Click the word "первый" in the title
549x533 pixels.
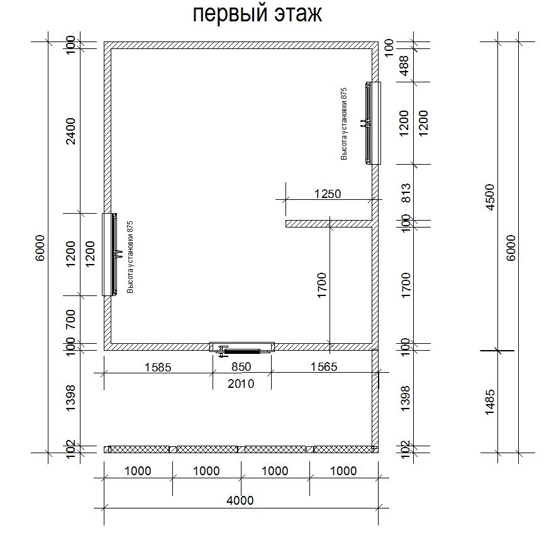pos(230,14)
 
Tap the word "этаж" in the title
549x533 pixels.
pos(298,14)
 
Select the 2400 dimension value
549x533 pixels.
pos(70,131)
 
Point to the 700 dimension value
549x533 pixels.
pos(70,319)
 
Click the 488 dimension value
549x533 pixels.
pos(404,65)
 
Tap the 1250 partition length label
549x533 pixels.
pos(328,194)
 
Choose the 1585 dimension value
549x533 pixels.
pos(158,367)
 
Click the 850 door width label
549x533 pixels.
pos(241,366)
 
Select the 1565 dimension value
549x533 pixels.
pos(324,366)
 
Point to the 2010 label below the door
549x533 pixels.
pos(241,383)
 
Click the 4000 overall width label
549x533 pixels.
pos(240,500)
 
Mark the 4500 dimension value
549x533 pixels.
pos(490,197)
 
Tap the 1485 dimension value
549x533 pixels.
pos(490,402)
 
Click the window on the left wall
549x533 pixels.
pos(109,255)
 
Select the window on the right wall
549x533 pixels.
pos(374,123)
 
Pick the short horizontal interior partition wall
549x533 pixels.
pos(329,224)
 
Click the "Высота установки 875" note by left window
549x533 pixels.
pos(130,257)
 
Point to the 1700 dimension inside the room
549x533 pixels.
pos(321,285)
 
